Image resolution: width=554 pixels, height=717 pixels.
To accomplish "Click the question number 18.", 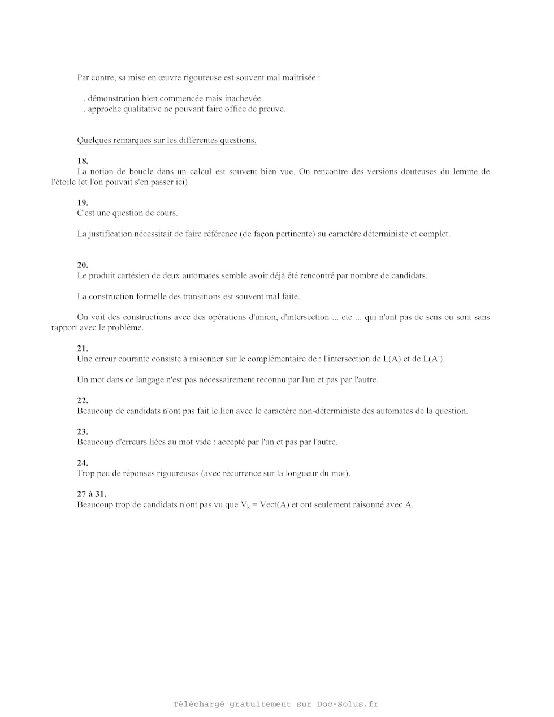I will [83, 161].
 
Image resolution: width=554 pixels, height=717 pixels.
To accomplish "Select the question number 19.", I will [83, 202].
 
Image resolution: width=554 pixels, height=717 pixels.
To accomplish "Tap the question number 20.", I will [83, 265].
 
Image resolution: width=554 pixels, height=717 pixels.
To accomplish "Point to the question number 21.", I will [83, 348].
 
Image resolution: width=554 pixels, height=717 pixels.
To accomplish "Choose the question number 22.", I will [83, 400].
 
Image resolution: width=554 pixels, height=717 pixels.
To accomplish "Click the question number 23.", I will [83, 431].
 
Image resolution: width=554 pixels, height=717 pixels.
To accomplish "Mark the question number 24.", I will [83, 463].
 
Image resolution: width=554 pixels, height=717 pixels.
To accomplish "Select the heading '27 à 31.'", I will [92, 494].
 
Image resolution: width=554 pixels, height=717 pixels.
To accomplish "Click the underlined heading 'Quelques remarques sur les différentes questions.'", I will [167, 140].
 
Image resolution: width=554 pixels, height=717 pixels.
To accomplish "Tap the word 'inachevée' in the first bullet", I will [243, 98].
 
